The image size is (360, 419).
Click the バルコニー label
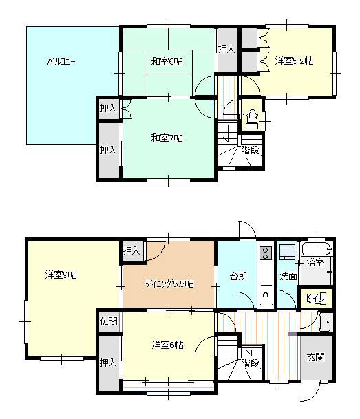[61, 62]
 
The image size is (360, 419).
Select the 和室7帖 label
[167, 138]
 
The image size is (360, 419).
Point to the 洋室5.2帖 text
[295, 61]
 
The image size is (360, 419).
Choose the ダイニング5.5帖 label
[169, 283]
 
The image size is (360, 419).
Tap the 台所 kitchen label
[239, 276]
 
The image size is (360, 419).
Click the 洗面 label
[288, 276]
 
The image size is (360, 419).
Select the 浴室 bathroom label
[316, 262]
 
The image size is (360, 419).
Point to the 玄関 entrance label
[316, 357]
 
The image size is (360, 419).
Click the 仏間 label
[108, 321]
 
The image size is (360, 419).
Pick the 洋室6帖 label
[167, 345]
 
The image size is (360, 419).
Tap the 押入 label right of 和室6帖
[226, 49]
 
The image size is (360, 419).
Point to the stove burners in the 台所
[265, 252]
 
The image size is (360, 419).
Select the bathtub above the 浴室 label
[317, 248]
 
